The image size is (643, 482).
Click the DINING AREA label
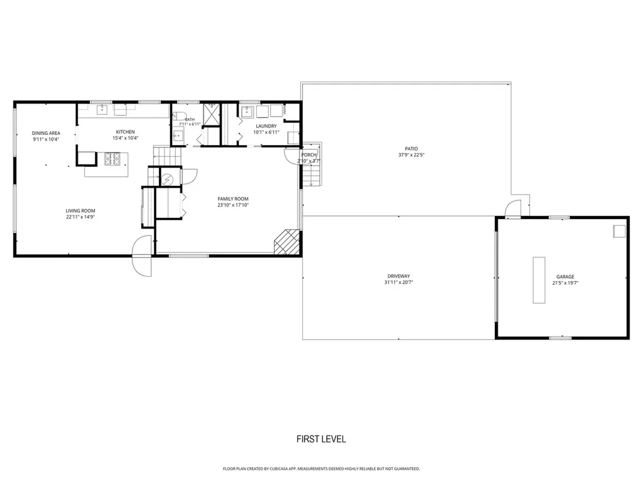coord(46,133)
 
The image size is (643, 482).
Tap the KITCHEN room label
coord(125,132)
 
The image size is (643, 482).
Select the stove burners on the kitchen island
coord(112,159)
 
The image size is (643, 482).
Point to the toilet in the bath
coord(180,116)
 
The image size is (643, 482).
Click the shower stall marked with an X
coord(212,113)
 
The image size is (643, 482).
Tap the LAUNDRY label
coord(266,126)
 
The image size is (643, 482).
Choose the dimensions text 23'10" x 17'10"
coord(233,205)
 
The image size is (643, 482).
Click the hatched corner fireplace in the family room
coord(286,242)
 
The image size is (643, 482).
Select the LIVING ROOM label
coord(80,211)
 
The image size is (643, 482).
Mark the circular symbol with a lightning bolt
coord(167,179)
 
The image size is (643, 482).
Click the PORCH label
coord(309,155)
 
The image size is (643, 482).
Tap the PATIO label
coord(411,149)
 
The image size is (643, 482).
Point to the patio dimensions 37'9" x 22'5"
coord(411,155)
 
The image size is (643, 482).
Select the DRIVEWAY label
coord(399,276)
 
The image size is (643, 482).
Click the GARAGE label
coord(565,277)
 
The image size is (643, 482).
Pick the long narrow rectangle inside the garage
coord(539,281)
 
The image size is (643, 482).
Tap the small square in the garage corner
coord(619,231)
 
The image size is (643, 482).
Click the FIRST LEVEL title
coord(321,439)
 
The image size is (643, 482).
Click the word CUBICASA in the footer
coord(278,468)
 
